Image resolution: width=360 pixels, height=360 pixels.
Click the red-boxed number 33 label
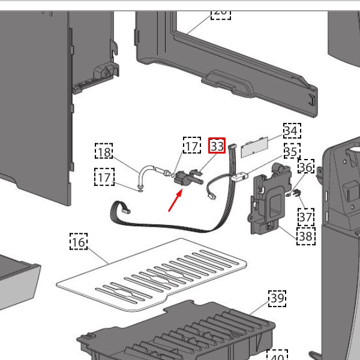[x=217, y=146]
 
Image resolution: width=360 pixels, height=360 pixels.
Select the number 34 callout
[x=292, y=130]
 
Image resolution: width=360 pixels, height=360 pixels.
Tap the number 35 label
[x=292, y=151]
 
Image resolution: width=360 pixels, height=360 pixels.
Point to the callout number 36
[x=306, y=167]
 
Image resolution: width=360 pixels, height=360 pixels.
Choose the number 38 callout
[x=305, y=236]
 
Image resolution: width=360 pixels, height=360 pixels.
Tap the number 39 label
[x=277, y=298]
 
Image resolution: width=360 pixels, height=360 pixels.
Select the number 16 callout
[x=79, y=242]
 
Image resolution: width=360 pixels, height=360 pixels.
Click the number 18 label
[x=104, y=152]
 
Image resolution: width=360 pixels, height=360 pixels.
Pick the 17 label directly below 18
[x=104, y=178]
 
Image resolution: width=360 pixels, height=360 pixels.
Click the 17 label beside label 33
[x=191, y=146]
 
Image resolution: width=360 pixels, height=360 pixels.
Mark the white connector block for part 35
[x=239, y=177]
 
